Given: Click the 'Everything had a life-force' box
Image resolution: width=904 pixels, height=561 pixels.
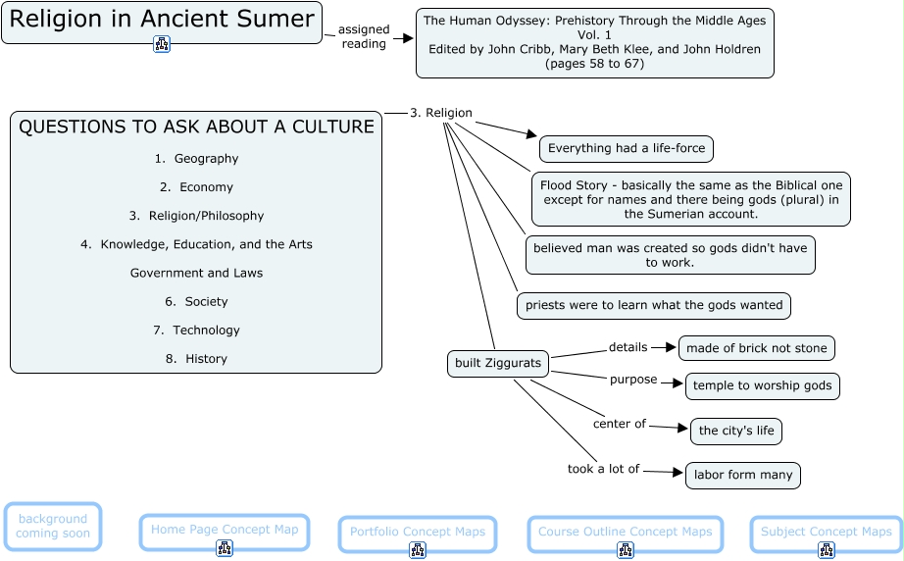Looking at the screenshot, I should [627, 149].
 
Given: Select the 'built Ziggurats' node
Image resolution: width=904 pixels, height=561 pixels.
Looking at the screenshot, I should [498, 364].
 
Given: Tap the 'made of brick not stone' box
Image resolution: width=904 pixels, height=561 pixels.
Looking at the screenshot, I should [756, 348].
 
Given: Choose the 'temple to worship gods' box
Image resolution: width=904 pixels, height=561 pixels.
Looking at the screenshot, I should [762, 386].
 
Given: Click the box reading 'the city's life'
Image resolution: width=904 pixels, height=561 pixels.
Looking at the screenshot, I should [736, 431].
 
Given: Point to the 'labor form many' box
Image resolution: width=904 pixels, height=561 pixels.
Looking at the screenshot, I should [743, 476].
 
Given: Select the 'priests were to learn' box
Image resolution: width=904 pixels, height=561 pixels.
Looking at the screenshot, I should [654, 305].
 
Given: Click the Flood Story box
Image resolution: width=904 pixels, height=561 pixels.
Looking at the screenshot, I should [691, 199].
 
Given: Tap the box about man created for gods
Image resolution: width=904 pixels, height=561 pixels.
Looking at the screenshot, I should [670, 255].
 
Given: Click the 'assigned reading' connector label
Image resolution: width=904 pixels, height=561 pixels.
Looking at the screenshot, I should [364, 37].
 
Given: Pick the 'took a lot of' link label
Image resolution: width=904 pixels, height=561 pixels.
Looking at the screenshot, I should [603, 470].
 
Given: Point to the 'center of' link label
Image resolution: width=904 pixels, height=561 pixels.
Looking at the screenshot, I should [620, 425].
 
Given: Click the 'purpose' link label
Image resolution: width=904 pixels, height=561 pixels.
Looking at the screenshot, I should [633, 380].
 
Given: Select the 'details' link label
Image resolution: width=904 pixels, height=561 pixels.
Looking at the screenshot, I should [628, 347].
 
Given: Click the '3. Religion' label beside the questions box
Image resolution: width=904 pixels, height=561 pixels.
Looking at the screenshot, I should [441, 113].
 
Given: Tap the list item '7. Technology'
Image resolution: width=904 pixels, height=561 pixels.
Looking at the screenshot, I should [196, 331].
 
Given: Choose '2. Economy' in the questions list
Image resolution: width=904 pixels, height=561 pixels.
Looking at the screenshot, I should [196, 187].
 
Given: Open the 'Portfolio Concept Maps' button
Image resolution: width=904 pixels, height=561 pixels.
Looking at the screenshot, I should [418, 533].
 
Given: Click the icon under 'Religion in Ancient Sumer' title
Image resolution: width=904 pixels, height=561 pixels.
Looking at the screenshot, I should [162, 43].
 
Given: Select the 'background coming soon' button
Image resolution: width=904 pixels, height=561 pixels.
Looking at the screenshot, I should [53, 527].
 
